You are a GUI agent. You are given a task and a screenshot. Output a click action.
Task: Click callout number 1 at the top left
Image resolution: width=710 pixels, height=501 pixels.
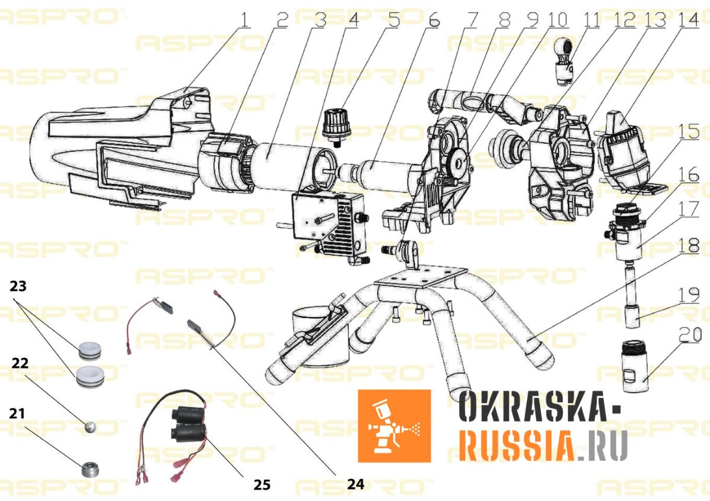point(243,20)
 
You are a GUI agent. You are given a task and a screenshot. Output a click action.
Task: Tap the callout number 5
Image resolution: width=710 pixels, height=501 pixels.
point(393,20)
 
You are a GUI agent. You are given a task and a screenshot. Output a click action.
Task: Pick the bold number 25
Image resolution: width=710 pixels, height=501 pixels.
point(262,484)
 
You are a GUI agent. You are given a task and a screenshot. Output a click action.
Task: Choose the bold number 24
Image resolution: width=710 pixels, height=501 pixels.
point(355,484)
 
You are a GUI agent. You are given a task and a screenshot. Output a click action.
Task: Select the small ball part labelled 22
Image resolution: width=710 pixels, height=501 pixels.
point(90,426)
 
